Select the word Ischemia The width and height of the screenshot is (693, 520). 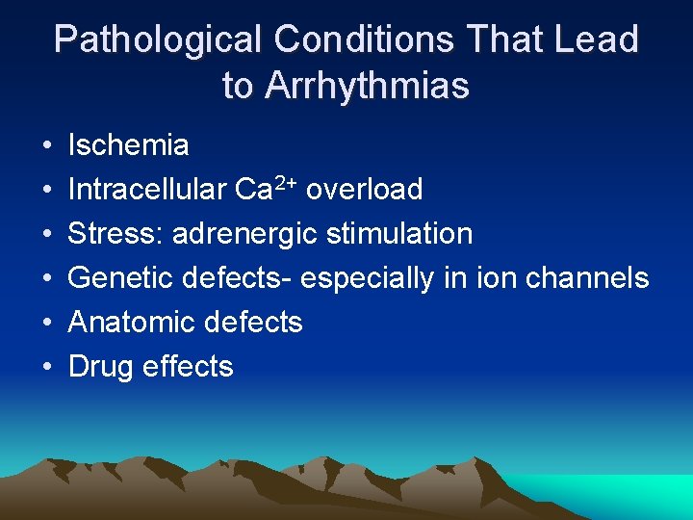click(128, 145)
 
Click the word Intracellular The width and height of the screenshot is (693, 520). click(147, 190)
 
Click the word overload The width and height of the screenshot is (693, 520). click(364, 190)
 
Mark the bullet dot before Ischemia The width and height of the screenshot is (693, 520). click(46, 146)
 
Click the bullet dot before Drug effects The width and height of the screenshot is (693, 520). click(46, 368)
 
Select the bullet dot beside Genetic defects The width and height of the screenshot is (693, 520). click(46, 279)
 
